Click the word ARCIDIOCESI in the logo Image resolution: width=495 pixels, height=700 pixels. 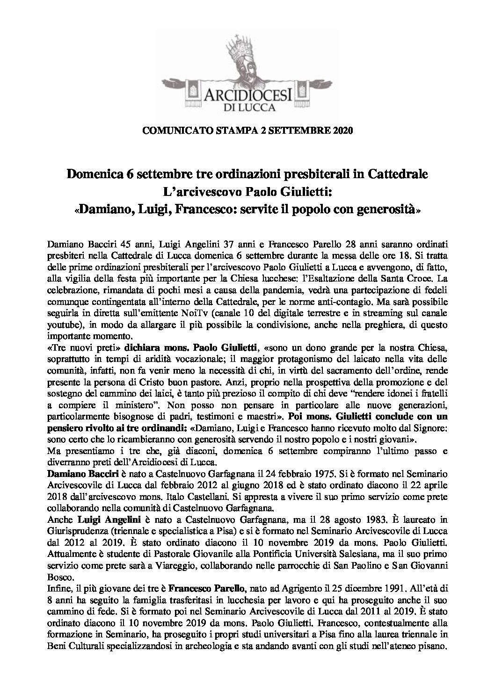coord(247,97)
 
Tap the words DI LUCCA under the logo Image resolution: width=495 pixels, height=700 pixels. coord(247,109)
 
